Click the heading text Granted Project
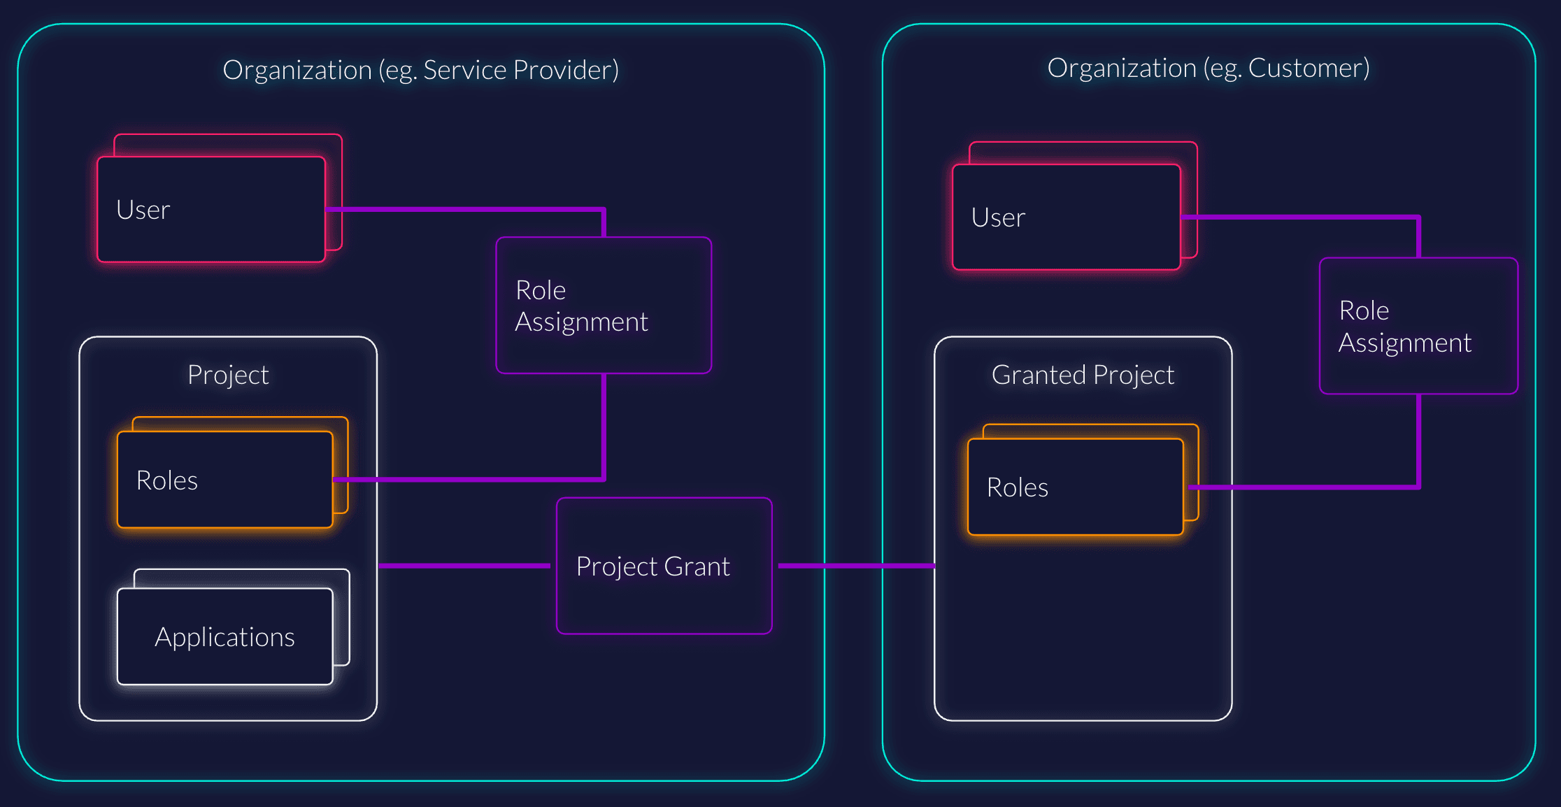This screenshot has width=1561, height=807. [x=1082, y=375]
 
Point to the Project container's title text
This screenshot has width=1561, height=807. [x=228, y=375]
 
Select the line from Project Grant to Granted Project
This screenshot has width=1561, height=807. [x=857, y=565]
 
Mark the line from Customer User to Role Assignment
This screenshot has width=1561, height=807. [x=1301, y=217]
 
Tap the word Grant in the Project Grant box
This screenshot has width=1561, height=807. [x=697, y=566]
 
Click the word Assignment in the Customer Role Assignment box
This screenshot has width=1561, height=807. [x=1404, y=343]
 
